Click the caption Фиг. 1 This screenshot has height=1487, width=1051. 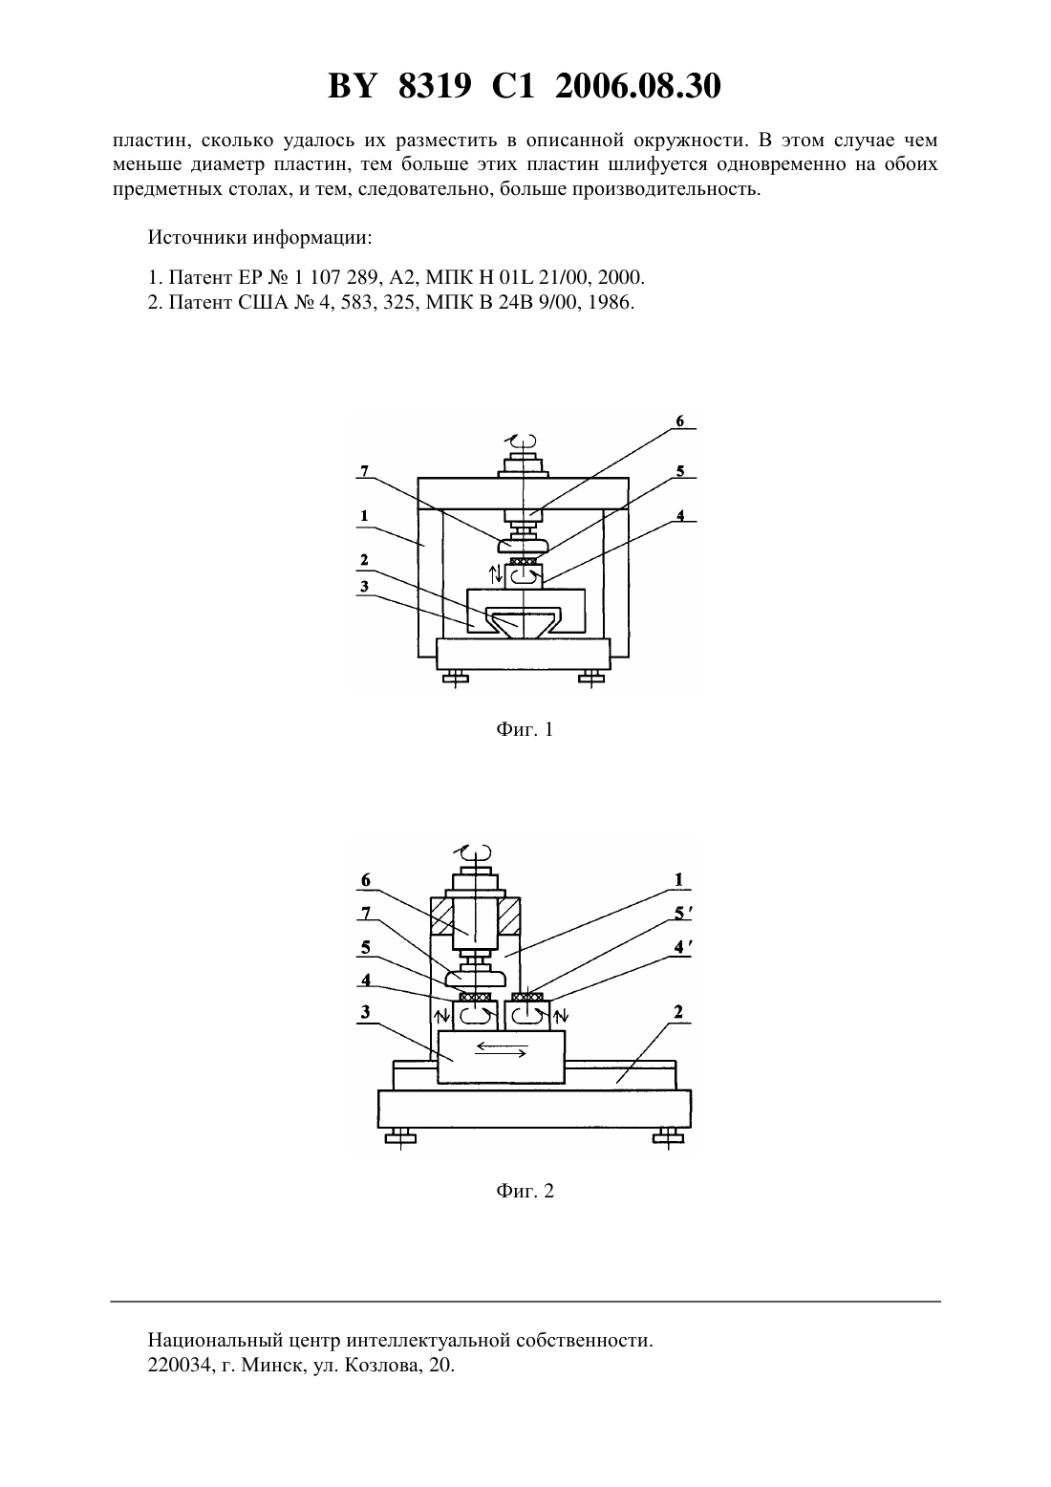(x=525, y=729)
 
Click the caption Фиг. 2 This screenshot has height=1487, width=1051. (x=525, y=1191)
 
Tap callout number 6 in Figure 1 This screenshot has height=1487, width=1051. (x=679, y=420)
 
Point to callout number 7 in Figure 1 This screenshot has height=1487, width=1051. (x=364, y=471)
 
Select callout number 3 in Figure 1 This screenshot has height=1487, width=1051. (x=364, y=586)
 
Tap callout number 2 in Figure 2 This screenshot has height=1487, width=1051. (x=678, y=1012)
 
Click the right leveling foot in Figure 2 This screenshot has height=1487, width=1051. (x=668, y=1138)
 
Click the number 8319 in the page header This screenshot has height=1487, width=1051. (x=435, y=87)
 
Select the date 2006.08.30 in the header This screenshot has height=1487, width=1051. (x=637, y=87)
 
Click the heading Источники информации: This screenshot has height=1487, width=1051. (x=260, y=237)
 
